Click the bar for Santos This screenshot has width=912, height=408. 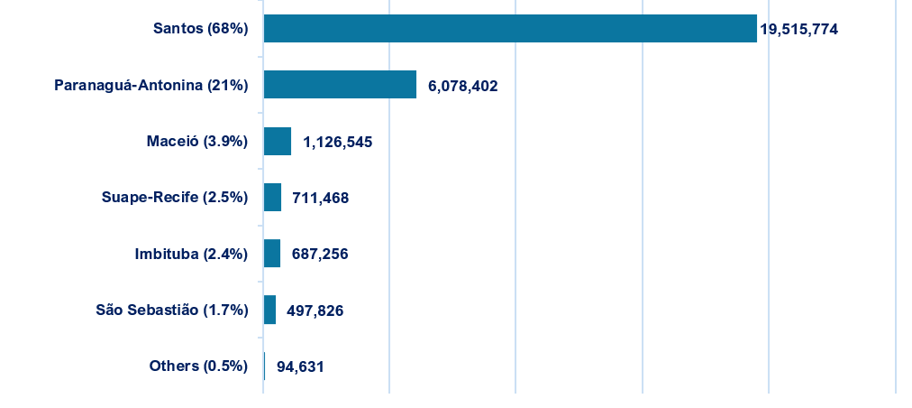click(x=509, y=28)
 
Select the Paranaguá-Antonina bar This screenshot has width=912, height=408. click(x=340, y=85)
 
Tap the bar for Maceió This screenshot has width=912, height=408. click(x=278, y=141)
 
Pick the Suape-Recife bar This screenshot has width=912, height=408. click(x=272, y=197)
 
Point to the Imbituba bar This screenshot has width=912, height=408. click(x=272, y=254)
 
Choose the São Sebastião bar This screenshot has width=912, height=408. click(x=269, y=310)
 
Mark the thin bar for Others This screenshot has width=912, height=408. click(x=264, y=366)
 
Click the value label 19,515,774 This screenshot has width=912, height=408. click(x=799, y=30)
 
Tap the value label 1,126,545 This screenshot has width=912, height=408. click(x=338, y=142)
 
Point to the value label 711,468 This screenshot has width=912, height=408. click(x=320, y=198)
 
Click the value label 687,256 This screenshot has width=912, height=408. click(x=320, y=255)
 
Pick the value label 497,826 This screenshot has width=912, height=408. click(x=315, y=311)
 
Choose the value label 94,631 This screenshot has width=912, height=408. click(x=300, y=366)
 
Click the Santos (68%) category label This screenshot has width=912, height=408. click(x=200, y=29)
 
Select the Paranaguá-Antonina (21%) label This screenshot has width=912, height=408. click(x=150, y=86)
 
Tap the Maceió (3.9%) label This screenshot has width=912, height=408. click(x=196, y=142)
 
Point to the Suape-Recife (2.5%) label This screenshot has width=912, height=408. click(x=175, y=198)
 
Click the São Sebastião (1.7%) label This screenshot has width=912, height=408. click(x=172, y=311)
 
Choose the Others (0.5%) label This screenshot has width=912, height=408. click(x=198, y=366)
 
